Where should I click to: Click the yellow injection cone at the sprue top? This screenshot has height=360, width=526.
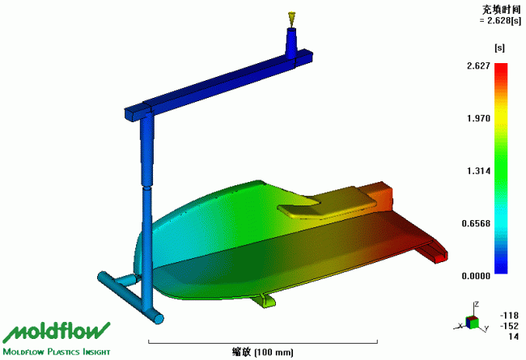[291, 19]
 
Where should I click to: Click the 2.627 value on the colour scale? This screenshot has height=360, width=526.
[479, 66]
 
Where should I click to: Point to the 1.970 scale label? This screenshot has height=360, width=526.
[479, 118]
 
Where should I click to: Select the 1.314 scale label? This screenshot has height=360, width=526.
[479, 172]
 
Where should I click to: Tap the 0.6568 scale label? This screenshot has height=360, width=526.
[476, 223]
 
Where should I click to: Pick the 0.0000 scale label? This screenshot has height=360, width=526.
[476, 276]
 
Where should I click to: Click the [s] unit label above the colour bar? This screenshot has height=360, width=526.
[499, 48]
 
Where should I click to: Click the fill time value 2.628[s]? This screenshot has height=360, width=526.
[500, 20]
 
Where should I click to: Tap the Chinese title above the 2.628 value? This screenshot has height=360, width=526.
[502, 10]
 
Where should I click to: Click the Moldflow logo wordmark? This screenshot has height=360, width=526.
[57, 332]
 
